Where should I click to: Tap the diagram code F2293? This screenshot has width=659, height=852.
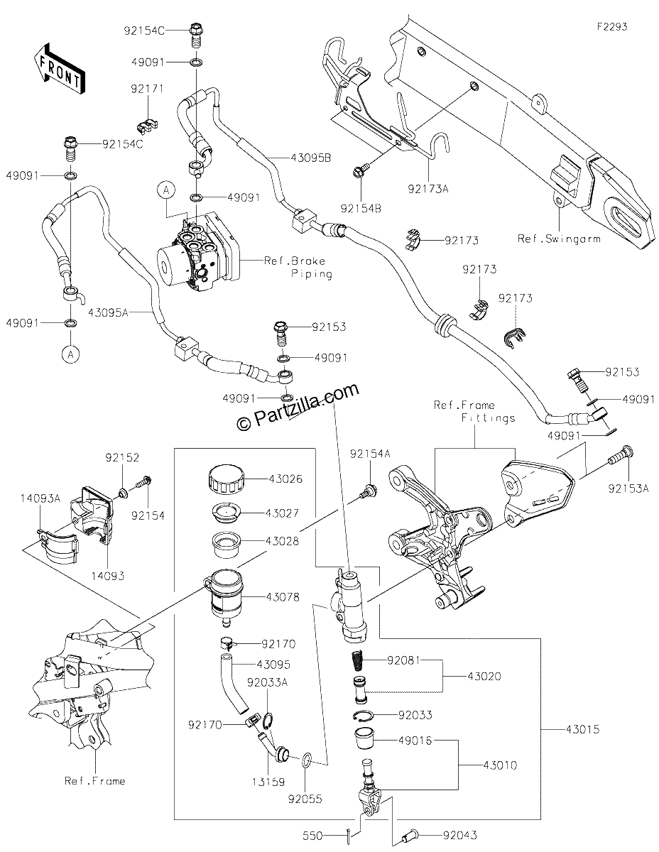coord(612,27)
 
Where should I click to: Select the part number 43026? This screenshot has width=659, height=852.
coord(285,479)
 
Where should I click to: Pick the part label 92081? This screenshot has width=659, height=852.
coord(403,661)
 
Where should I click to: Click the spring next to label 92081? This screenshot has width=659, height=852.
coord(356,661)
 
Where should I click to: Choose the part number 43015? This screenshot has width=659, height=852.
coord(582,729)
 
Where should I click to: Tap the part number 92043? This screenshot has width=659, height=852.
coord(460,836)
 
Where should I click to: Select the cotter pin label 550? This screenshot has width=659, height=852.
coord(312,836)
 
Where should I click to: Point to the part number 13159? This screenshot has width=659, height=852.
coord(268,782)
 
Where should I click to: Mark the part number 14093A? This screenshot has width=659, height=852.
coord(40,498)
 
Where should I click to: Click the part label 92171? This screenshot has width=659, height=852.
coord(147,89)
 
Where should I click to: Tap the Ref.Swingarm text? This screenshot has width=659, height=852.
coord(559,239)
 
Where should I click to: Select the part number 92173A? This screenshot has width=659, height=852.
coord(427,189)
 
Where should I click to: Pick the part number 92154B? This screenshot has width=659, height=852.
coord(361,209)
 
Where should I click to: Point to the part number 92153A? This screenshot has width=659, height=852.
coord(628,488)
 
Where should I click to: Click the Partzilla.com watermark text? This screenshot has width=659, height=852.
coord(299,407)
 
